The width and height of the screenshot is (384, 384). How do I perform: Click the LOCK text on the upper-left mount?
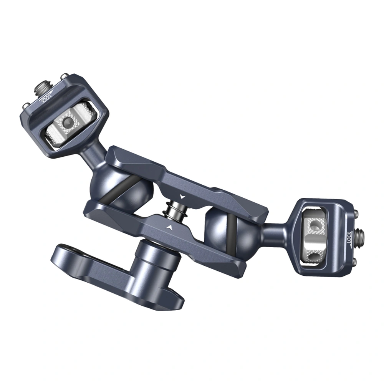46,98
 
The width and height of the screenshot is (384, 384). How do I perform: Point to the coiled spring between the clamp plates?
175,209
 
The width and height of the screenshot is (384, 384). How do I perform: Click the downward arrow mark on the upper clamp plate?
182,196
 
